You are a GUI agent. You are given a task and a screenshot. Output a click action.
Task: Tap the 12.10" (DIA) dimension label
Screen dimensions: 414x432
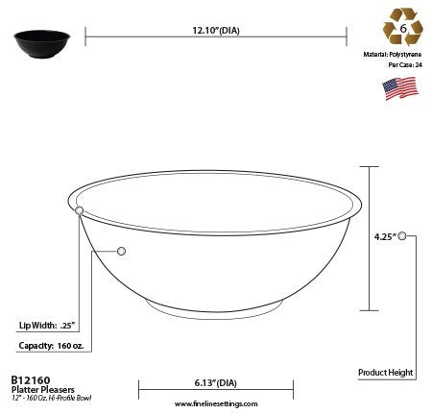(216, 30)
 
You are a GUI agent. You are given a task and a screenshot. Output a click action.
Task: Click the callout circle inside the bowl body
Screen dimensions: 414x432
(121, 251)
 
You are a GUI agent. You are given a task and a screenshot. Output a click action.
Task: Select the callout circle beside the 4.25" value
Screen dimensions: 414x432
(402, 234)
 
